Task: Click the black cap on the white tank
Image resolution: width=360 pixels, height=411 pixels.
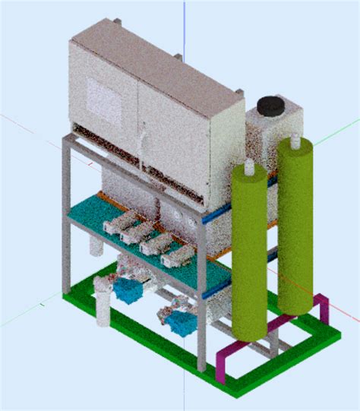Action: [x=270, y=105]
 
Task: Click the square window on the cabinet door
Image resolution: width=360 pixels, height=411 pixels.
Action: [x=102, y=96]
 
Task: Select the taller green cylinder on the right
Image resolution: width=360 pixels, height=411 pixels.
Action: [x=294, y=228]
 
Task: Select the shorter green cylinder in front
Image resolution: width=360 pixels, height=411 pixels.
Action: [x=251, y=258]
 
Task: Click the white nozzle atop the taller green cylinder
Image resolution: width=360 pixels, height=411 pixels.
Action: [x=292, y=140]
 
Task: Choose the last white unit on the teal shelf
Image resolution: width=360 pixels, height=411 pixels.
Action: [x=176, y=258]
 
